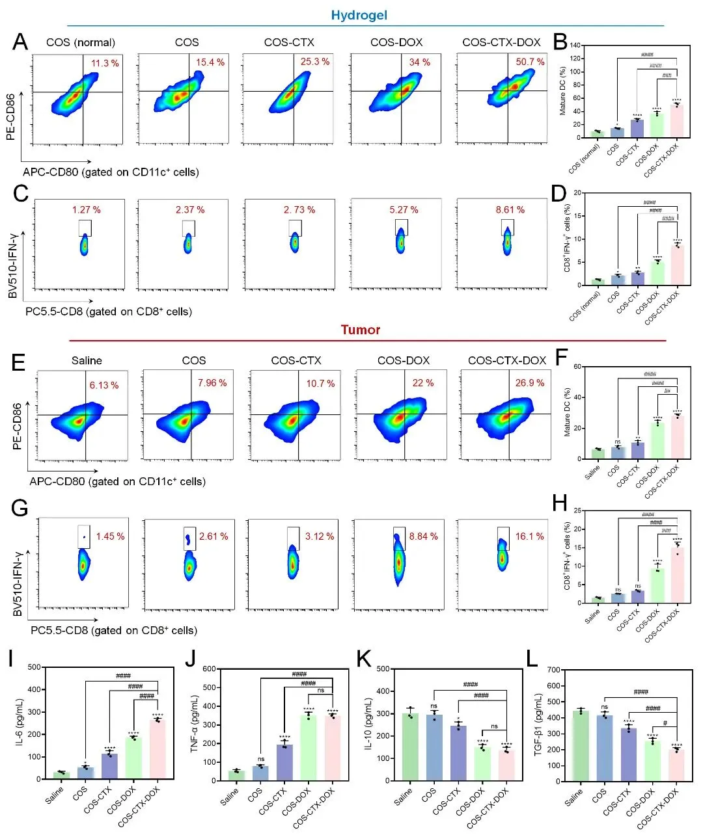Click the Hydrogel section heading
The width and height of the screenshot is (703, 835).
359,15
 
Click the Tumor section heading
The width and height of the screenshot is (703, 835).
360,330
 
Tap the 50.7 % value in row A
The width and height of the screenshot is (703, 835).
530,62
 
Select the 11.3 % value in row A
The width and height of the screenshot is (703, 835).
105,63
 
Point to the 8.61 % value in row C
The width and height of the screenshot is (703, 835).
510,210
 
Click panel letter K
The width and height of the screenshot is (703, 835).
365,659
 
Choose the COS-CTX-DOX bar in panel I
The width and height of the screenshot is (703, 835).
158,749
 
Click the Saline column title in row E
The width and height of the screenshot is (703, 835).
87,360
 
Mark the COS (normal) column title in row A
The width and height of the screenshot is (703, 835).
81,43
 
